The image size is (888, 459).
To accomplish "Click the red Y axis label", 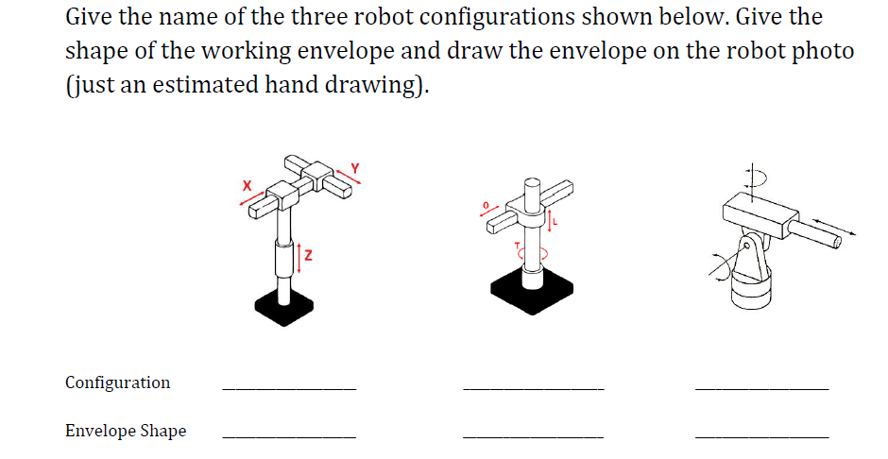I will [x=356, y=169].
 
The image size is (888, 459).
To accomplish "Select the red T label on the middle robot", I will [x=516, y=246].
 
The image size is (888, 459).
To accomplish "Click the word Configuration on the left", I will [x=118, y=382].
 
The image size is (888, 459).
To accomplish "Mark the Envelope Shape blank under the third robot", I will [x=761, y=434].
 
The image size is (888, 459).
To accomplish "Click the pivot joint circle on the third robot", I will [x=752, y=248].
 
